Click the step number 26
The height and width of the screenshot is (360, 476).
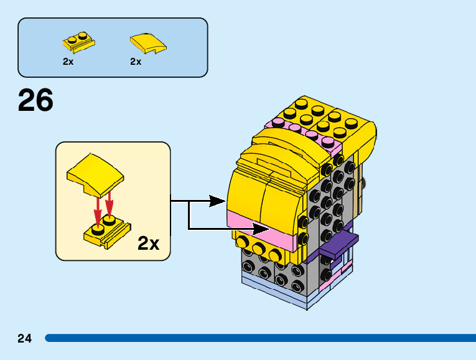coord(35,101)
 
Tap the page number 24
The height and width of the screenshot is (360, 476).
coord(25,339)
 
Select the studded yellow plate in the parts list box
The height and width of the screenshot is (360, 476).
coord(78,42)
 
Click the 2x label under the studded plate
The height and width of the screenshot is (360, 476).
coord(68,62)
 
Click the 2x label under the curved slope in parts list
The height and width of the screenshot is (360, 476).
coord(136,62)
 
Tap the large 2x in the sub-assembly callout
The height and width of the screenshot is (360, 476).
coord(148,243)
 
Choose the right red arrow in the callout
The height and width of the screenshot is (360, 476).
coord(110,202)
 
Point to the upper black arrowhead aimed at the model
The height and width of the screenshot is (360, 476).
coord(217,201)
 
